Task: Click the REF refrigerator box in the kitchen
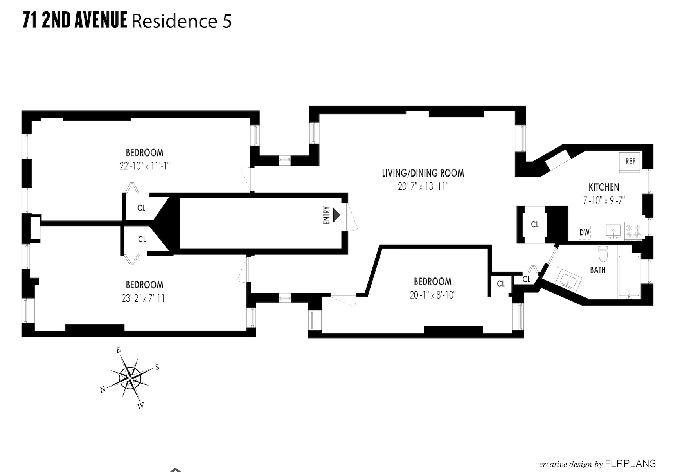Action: point(630,162)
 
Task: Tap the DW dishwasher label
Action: point(584,232)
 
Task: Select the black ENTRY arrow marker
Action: point(336,215)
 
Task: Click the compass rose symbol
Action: point(130,378)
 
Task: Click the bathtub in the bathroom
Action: point(628,276)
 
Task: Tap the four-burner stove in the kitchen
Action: point(633,231)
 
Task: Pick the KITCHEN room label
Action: point(604,187)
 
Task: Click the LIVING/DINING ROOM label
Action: point(423,173)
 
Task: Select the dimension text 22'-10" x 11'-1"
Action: point(145,166)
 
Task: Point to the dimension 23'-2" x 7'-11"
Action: point(144,298)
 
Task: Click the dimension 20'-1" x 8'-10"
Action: point(432,295)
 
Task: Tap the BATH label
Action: point(597,270)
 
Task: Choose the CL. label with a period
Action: point(142,208)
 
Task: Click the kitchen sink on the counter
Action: point(612,231)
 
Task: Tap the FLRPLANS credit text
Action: point(630,464)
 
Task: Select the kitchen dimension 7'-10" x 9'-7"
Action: point(604,200)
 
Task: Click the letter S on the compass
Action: point(157,367)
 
